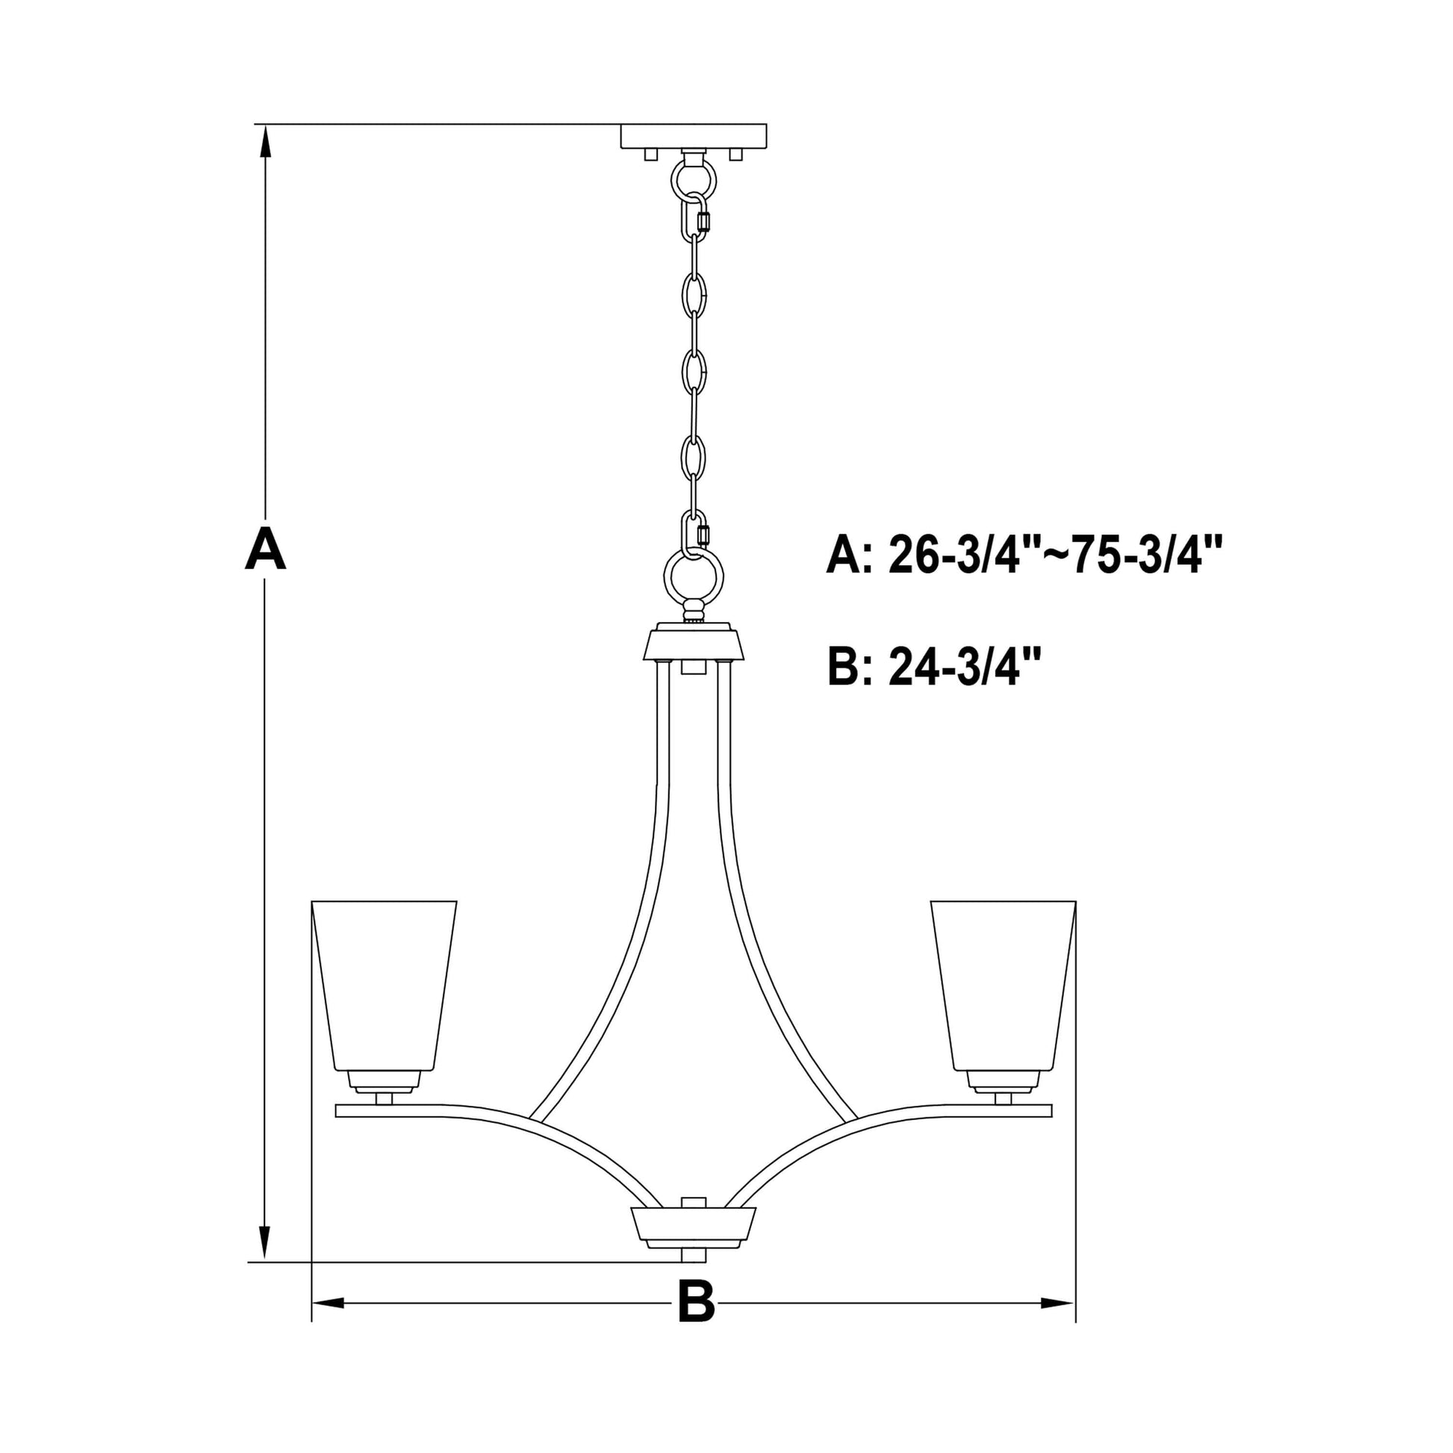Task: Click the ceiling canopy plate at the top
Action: [x=694, y=136]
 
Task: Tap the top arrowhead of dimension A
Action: [x=265, y=140]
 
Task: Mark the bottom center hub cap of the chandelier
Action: [x=694, y=1229]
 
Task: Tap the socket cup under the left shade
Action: [x=384, y=1081]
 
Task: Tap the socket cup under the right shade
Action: [x=1004, y=1081]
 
